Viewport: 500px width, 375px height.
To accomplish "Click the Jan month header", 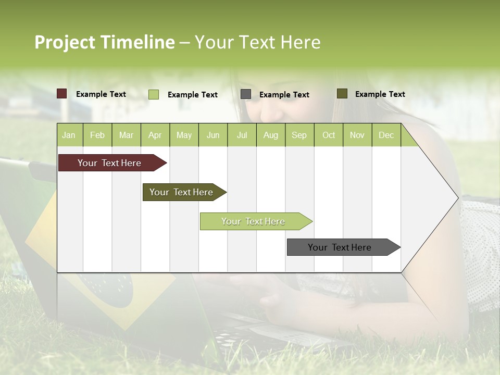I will [69, 135].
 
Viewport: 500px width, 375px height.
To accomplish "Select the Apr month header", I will [155, 135].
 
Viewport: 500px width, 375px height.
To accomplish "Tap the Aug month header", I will [271, 135].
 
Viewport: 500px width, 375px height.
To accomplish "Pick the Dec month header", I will [386, 135].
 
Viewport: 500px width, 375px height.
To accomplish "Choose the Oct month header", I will [329, 135].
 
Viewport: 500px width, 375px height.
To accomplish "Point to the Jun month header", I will [213, 135].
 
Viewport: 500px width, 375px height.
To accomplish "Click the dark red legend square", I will [62, 94].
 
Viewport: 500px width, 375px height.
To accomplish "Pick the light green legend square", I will [154, 94].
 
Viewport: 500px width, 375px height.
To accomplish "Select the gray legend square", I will [246, 94].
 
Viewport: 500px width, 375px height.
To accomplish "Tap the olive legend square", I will [342, 94].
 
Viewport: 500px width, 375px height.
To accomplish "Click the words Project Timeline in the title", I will [104, 42].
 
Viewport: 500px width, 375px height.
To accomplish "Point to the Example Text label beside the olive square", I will [380, 94].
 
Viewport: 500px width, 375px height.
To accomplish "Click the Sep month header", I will [299, 135].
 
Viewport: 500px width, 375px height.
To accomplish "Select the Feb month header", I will [97, 135].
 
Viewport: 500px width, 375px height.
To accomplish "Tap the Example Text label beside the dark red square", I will [101, 94].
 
